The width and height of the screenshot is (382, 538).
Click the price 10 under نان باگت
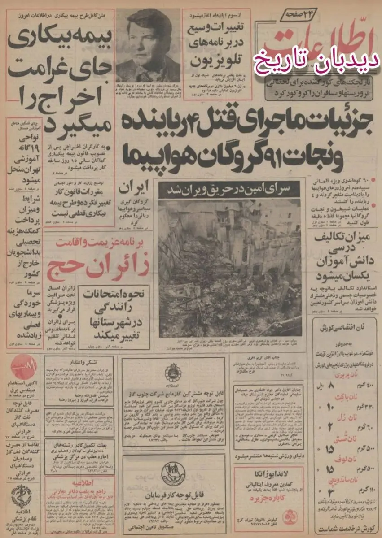point(331,407)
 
